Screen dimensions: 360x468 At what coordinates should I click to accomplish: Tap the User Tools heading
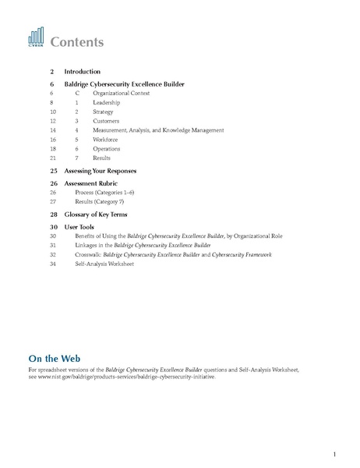[83, 226]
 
